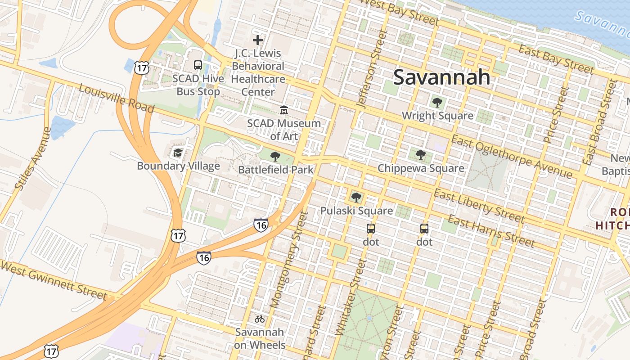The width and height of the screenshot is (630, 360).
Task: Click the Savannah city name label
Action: click(x=441, y=77)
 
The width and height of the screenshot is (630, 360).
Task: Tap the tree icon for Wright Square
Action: click(x=437, y=103)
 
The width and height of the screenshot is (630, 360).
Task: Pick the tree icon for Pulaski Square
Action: click(x=356, y=197)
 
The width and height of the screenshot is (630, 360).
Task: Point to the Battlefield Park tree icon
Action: click(x=275, y=157)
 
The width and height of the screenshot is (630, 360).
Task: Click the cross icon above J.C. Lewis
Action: click(x=258, y=40)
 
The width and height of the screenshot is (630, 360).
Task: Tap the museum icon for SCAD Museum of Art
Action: click(x=284, y=110)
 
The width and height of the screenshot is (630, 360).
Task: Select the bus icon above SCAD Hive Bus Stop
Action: click(x=198, y=65)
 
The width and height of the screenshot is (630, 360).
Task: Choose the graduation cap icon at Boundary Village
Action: click(x=178, y=153)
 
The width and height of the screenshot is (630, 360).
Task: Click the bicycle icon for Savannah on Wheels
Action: click(x=260, y=319)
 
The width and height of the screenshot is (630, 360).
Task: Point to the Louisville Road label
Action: click(x=117, y=99)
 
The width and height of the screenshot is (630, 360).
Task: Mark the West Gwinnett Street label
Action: click(x=54, y=279)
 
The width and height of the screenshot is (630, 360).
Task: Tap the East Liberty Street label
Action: click(x=479, y=207)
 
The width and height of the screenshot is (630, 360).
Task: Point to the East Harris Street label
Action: click(x=491, y=232)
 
